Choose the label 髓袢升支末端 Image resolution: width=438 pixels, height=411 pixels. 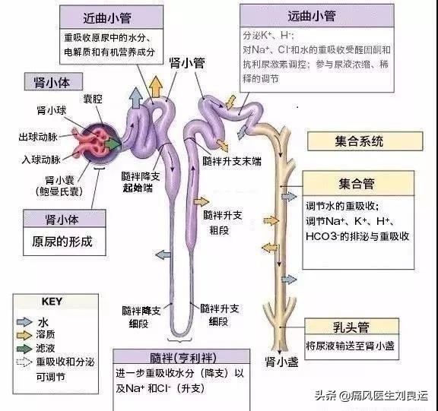point(233,162)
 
